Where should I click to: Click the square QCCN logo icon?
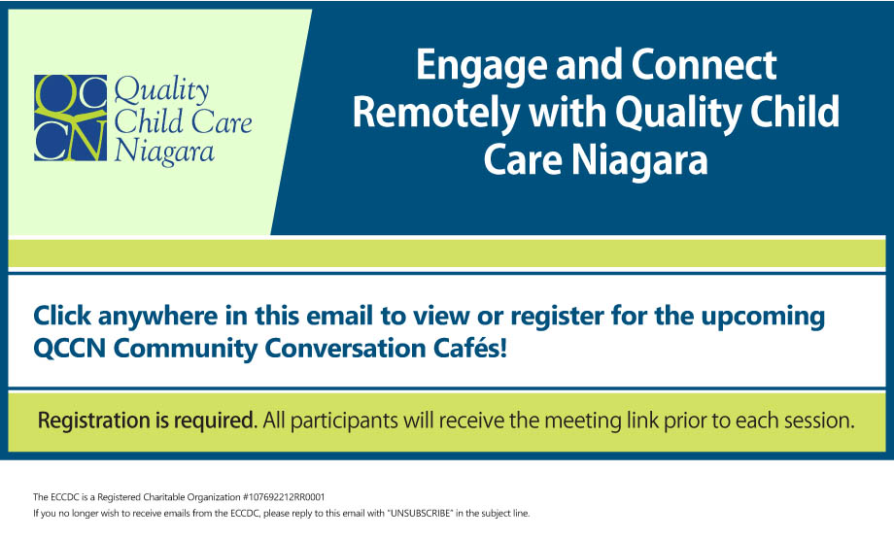coord(70,118)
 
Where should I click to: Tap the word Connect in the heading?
coord(704,64)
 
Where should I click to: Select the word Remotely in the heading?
coord(435,112)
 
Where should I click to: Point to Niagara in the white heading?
coord(639,159)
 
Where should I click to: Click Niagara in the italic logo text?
coord(164,152)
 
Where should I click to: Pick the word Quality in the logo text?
coord(162,91)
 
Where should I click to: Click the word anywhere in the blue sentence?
coord(157,317)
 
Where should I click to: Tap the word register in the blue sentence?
coord(557,318)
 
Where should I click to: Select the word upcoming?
coord(763,318)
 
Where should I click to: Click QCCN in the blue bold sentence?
coord(70,349)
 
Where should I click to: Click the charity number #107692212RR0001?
coord(284,497)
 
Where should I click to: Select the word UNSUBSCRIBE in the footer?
coord(421,514)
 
